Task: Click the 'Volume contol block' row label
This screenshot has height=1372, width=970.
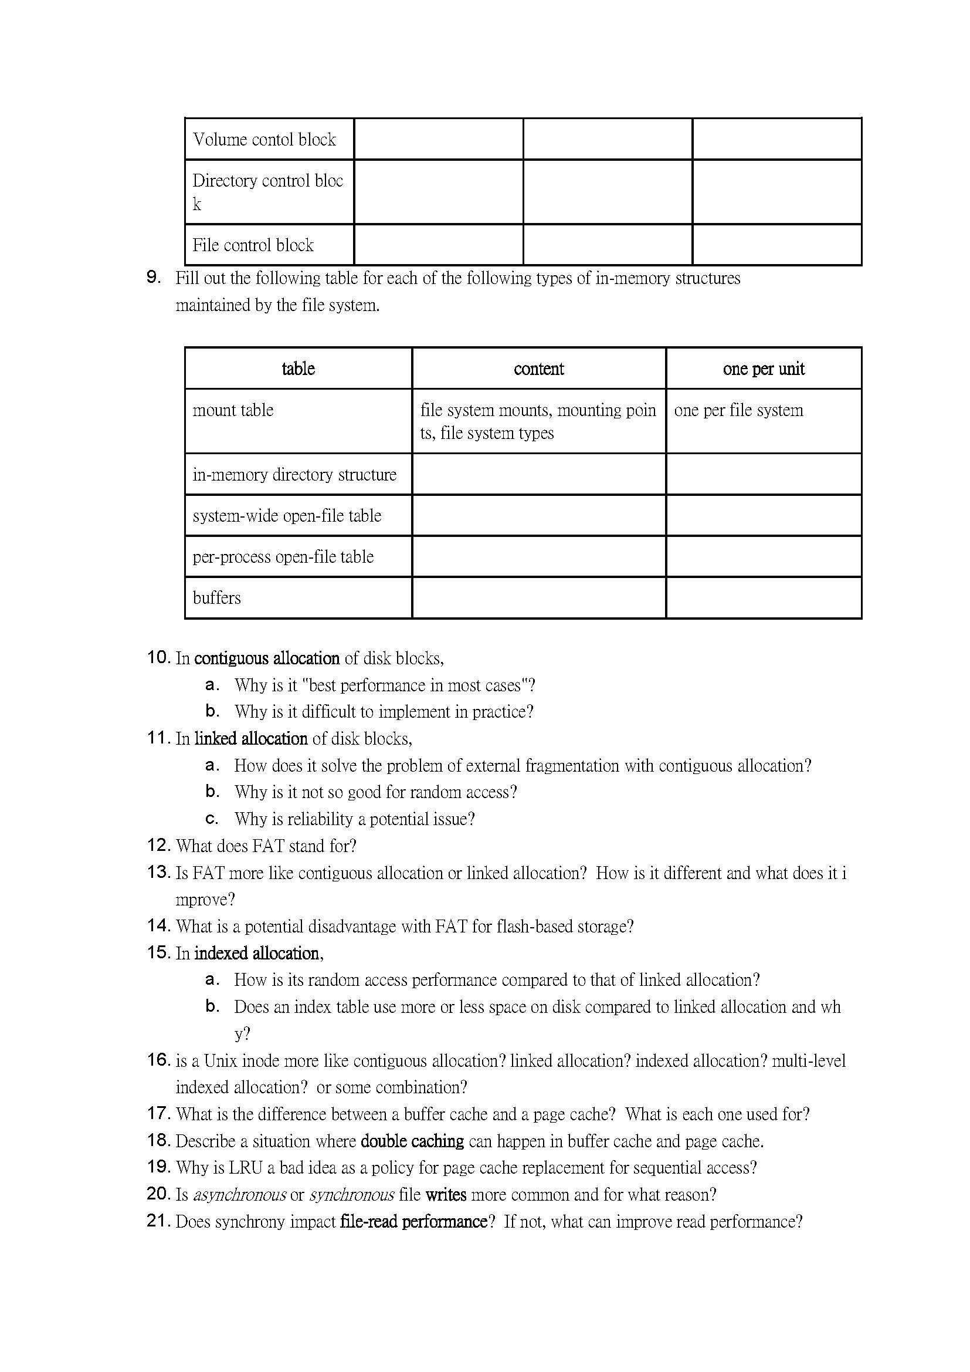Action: (264, 139)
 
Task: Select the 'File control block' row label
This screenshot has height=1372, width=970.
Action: (253, 245)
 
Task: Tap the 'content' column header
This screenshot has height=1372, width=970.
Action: (538, 369)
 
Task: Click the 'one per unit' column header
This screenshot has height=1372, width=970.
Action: (764, 369)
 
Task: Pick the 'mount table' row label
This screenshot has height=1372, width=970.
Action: (233, 410)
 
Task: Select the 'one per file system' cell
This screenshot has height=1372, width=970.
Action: (738, 410)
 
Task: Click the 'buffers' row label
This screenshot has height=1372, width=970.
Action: (217, 597)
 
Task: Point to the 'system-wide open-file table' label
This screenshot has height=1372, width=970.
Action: (287, 515)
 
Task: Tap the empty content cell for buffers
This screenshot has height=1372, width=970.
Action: (538, 597)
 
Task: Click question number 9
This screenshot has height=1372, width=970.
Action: (154, 277)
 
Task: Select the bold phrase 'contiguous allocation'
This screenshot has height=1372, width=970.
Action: (267, 658)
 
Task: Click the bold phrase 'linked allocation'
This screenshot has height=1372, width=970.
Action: (251, 739)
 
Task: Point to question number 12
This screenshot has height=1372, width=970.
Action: (158, 845)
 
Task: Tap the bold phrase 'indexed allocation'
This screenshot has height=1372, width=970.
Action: (257, 953)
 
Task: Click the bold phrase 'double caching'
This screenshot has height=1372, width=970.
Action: (412, 1141)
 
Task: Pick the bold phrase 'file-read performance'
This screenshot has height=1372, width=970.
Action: (413, 1221)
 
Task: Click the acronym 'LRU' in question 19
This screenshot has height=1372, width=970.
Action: (247, 1168)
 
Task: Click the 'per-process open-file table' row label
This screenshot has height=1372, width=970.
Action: (283, 556)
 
